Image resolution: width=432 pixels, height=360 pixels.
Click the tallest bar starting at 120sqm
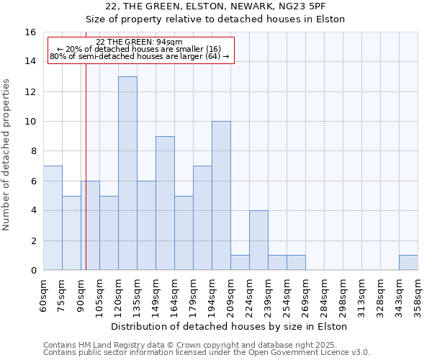click(x=127, y=173)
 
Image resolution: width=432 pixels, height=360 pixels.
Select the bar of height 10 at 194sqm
click(x=221, y=196)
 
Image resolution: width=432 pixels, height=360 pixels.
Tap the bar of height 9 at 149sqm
click(x=165, y=203)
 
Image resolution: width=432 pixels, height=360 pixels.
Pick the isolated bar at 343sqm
click(x=408, y=263)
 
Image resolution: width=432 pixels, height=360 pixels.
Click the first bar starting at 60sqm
click(x=53, y=218)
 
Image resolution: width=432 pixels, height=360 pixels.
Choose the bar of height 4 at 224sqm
click(x=258, y=240)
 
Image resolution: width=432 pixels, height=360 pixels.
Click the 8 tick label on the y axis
click(x=33, y=151)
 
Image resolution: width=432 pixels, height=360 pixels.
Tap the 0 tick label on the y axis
click(x=33, y=271)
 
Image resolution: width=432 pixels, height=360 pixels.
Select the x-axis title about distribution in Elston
click(x=230, y=326)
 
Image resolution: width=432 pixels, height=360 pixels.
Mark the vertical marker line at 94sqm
click(x=86, y=166)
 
